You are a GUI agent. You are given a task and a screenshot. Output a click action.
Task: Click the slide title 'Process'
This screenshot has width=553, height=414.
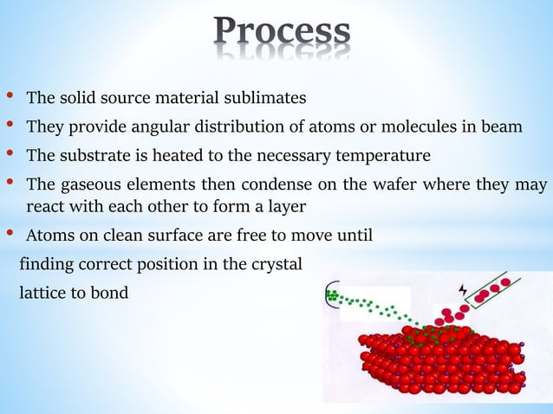coord(282,32)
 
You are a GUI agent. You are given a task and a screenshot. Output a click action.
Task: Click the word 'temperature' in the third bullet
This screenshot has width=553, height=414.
coord(388,156)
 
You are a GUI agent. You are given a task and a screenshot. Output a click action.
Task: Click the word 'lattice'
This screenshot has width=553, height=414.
coord(43,293)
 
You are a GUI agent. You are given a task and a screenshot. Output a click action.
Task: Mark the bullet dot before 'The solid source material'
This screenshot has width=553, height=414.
coord(10,94)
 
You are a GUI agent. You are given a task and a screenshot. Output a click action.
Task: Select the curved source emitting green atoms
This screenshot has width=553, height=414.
coord(331,296)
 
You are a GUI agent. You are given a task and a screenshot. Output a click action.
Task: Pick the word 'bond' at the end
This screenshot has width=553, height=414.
coord(111,293)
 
